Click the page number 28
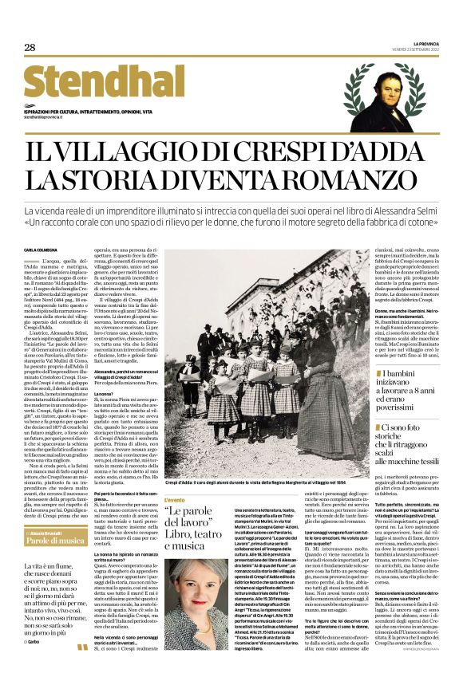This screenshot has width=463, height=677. point(30,48)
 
